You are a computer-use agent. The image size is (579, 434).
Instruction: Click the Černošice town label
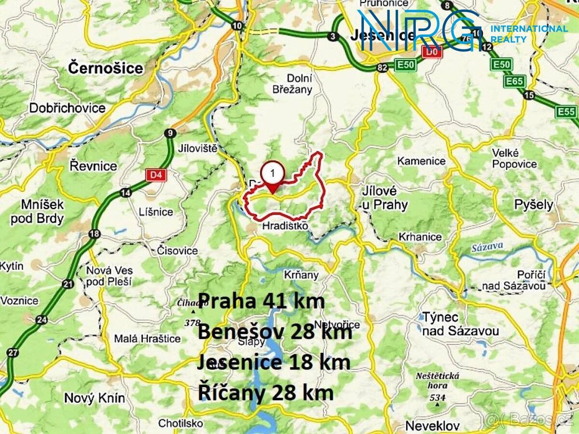[x=106, y=68]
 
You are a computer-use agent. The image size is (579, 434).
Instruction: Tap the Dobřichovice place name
[x=68, y=108]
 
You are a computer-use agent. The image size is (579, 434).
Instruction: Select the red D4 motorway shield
[x=155, y=174]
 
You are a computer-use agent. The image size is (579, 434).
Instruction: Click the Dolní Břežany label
[x=300, y=83]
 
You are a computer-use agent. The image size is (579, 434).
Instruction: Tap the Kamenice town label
[x=421, y=161]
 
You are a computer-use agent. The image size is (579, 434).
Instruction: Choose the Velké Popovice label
[x=514, y=158]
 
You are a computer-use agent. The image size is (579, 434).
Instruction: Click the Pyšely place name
[x=534, y=204]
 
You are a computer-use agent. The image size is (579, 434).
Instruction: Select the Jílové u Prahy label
[x=385, y=198]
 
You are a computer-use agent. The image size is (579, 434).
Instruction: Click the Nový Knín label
[x=95, y=398]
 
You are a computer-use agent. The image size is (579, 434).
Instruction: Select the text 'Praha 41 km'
[x=262, y=301]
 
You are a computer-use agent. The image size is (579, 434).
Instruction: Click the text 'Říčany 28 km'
[x=265, y=393]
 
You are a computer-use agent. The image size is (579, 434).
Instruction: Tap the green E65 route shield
[x=514, y=81]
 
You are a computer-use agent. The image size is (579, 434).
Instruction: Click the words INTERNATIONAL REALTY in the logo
[x=529, y=34]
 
